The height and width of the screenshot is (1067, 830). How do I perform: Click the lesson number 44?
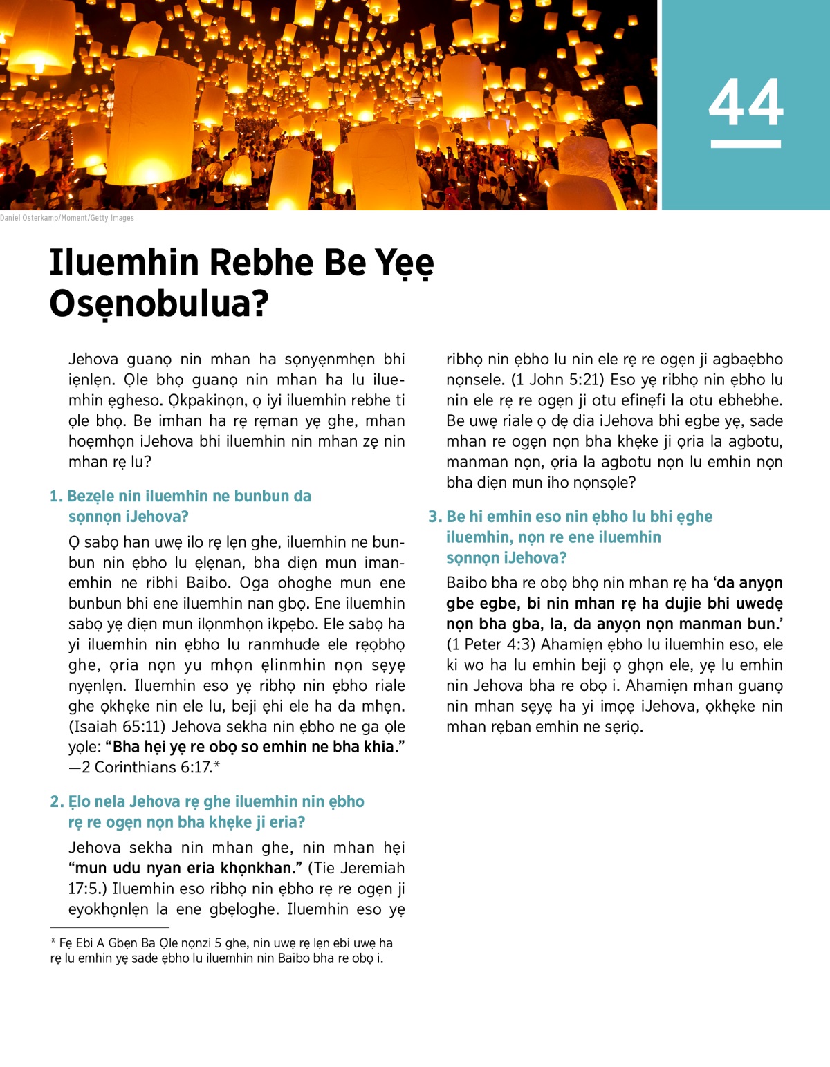click(x=746, y=102)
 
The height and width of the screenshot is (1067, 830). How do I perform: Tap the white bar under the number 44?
click(x=746, y=144)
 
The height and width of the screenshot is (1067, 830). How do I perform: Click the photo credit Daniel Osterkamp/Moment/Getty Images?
click(x=67, y=218)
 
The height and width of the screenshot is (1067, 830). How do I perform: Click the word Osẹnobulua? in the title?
click(x=158, y=304)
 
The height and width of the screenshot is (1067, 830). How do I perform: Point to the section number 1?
click(x=56, y=497)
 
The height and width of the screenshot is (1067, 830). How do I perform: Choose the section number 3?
click(x=434, y=517)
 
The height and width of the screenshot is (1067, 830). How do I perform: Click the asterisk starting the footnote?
click(x=53, y=943)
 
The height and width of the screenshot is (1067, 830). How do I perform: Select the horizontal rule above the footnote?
click(x=109, y=927)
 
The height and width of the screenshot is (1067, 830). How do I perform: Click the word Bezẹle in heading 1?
click(x=91, y=497)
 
